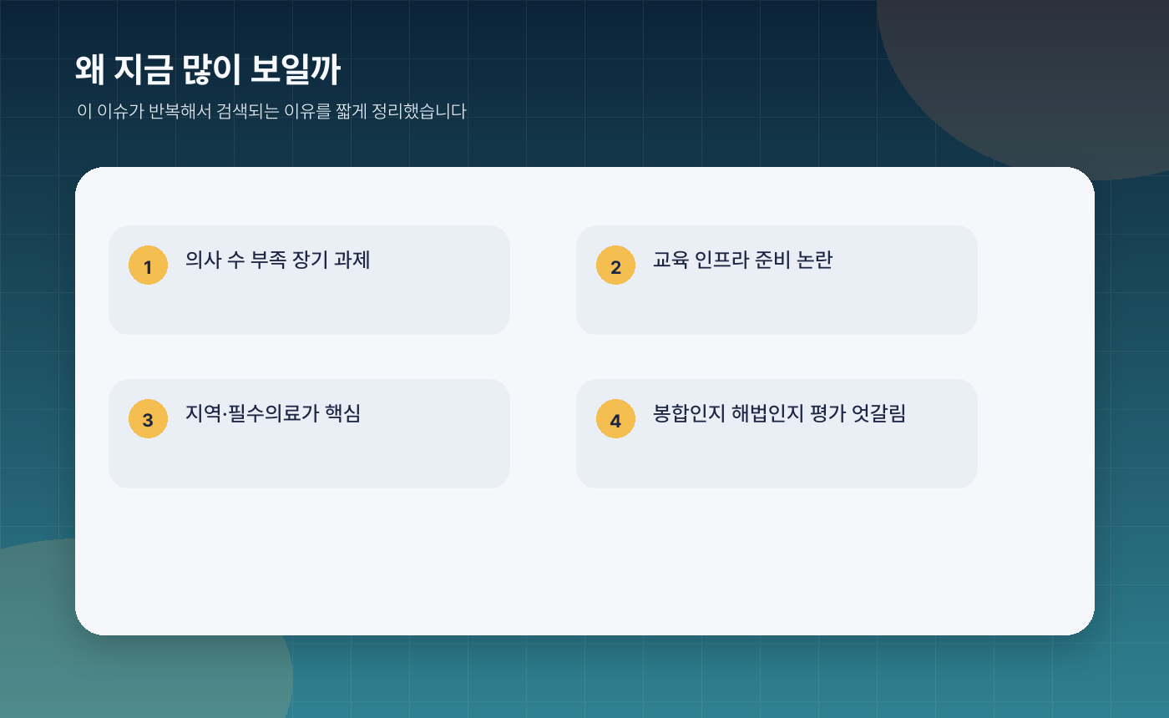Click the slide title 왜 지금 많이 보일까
click(x=207, y=70)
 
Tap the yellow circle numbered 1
click(x=148, y=265)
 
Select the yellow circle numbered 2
click(x=615, y=265)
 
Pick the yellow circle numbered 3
click(x=148, y=419)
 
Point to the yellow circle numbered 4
click(x=615, y=419)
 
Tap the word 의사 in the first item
click(x=203, y=260)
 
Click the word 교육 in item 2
click(x=671, y=260)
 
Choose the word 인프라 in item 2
click(x=723, y=260)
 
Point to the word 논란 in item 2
click(x=814, y=260)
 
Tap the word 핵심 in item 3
click(x=342, y=413)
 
